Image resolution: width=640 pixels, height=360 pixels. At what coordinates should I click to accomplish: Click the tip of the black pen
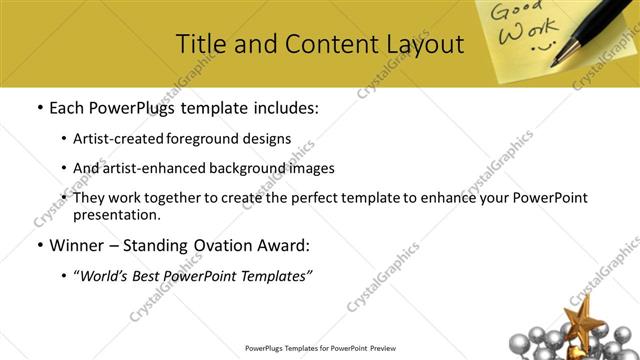556,65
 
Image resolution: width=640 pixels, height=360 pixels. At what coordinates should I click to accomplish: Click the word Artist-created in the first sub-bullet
120,138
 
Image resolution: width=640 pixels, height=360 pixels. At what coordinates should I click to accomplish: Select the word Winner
77,244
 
